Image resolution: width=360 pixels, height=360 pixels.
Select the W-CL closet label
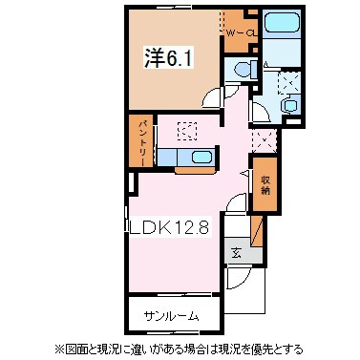tap(240, 33)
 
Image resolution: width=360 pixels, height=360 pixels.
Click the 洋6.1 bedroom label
tap(163, 56)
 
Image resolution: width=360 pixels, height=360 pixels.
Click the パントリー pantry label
tap(139, 142)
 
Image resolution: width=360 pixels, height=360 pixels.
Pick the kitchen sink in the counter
tap(201, 158)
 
